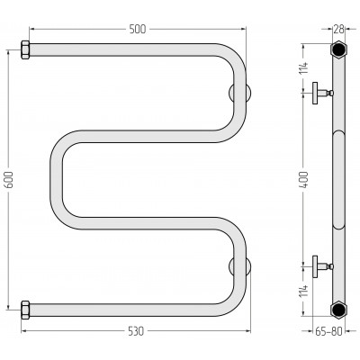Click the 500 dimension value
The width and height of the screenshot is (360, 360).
click(138, 29)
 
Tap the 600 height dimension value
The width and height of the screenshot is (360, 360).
click(9, 180)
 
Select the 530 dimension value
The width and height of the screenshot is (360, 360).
click(136, 331)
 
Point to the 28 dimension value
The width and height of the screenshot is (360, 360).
click(338, 29)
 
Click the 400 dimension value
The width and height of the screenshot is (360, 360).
click(304, 180)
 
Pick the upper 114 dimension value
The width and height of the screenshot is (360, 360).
click(304, 68)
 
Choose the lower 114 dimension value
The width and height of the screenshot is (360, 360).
click(304, 291)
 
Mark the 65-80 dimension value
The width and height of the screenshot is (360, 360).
click(328, 331)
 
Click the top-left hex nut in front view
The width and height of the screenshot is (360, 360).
click(25, 49)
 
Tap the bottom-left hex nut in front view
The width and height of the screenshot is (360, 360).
click(25, 310)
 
